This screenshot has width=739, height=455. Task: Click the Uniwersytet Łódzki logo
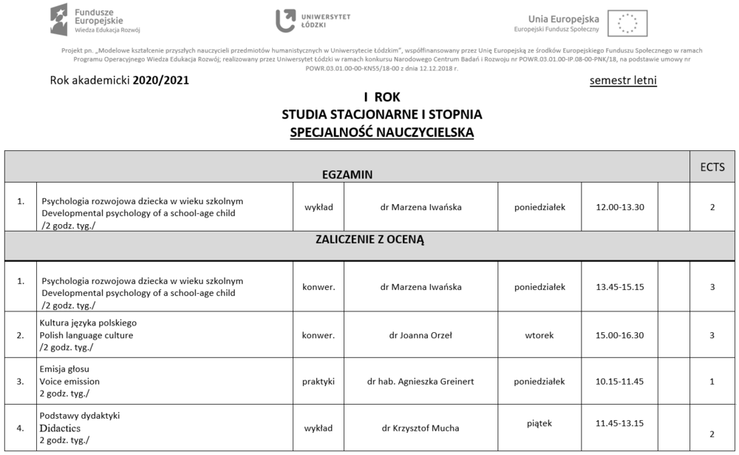click(313, 20)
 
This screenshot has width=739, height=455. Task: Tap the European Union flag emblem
click(627, 23)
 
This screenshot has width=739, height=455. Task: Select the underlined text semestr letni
click(623, 80)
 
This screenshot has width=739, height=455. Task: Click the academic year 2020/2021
click(160, 80)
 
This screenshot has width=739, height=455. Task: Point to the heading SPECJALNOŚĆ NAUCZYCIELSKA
click(382, 132)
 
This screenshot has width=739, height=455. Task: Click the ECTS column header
click(712, 166)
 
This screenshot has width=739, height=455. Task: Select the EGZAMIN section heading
click(347, 175)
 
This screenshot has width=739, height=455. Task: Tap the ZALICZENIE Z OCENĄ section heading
click(369, 240)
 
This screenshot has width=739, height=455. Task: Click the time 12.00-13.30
click(620, 207)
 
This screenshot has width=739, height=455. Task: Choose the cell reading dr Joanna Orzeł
click(420, 335)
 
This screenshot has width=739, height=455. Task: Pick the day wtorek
click(539, 335)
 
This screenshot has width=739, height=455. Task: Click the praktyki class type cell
click(319, 382)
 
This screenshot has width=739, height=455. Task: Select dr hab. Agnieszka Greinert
click(420, 382)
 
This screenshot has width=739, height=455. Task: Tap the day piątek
click(539, 423)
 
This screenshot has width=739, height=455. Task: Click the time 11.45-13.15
click(619, 423)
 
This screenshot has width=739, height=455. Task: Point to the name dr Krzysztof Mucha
click(420, 428)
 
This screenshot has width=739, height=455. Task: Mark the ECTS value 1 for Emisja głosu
click(712, 382)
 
